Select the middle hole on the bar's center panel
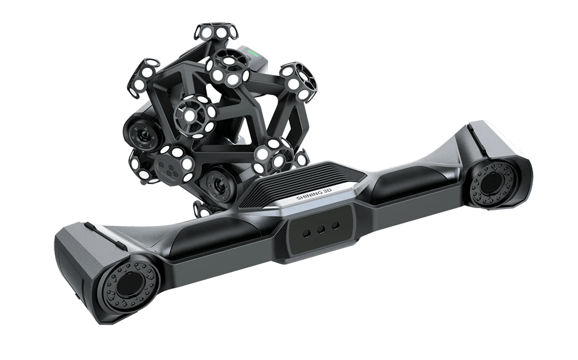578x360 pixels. [x=321, y=229]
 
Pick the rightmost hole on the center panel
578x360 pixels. [x=335, y=225]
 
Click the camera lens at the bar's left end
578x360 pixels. [x=128, y=284]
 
